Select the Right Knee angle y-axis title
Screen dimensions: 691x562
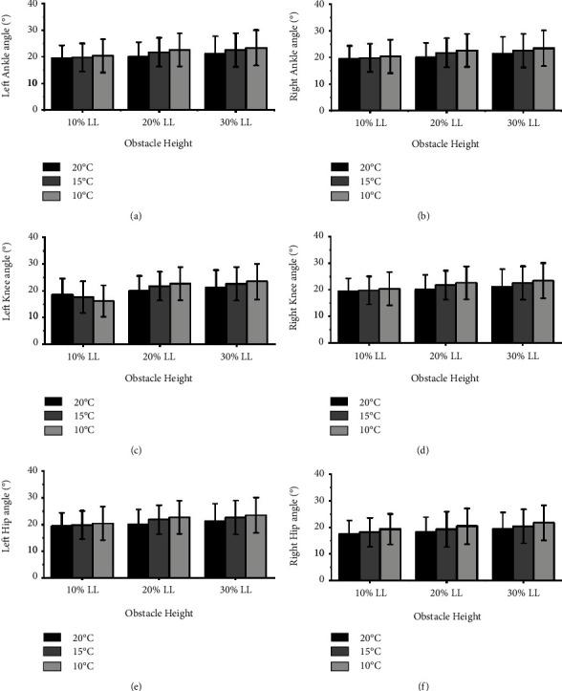[x=293, y=292]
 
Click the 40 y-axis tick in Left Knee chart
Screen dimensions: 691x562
[x=32, y=236]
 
